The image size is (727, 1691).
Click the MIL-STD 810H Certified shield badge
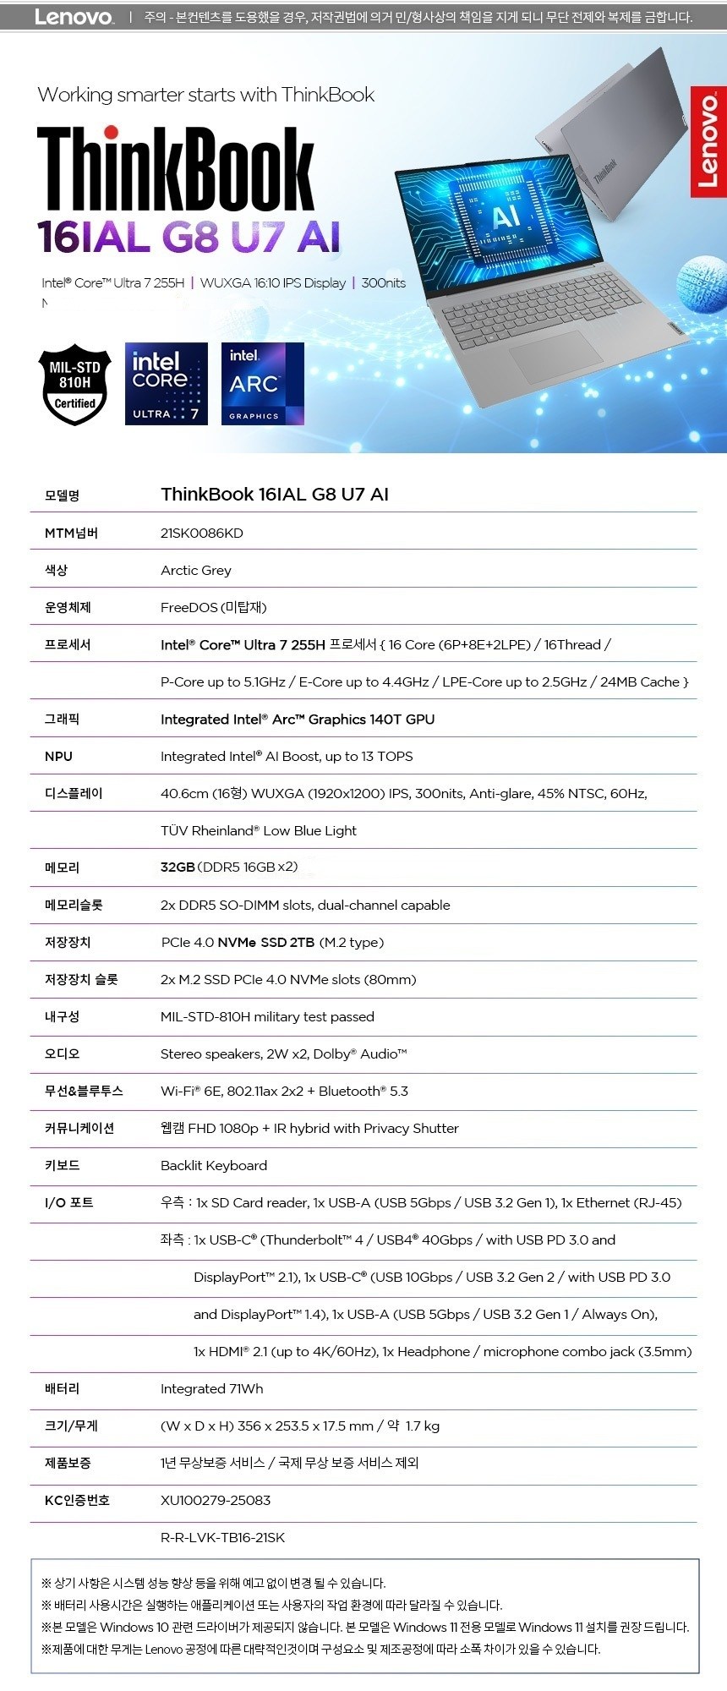[x=74, y=385]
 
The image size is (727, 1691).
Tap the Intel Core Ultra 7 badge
[x=166, y=384]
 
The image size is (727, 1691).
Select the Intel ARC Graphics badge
[x=262, y=384]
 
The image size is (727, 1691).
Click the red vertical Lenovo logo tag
[x=708, y=141]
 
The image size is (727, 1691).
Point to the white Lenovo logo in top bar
[x=74, y=17]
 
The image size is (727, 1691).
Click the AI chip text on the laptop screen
[x=506, y=217]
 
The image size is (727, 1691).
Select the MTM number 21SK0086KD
[x=201, y=533]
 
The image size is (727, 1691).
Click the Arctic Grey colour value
[x=195, y=570]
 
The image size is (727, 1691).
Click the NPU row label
[x=58, y=756]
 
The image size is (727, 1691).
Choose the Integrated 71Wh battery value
[x=211, y=1388]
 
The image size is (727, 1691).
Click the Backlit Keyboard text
[x=213, y=1165]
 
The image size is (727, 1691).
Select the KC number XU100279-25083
[x=215, y=1500]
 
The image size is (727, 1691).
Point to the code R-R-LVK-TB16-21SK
[x=222, y=1537]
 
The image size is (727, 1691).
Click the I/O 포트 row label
[x=68, y=1202]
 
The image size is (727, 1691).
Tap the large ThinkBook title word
[x=176, y=170]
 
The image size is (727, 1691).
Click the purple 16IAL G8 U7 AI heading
[x=189, y=237]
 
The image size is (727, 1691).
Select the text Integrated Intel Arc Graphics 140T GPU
[x=297, y=719]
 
